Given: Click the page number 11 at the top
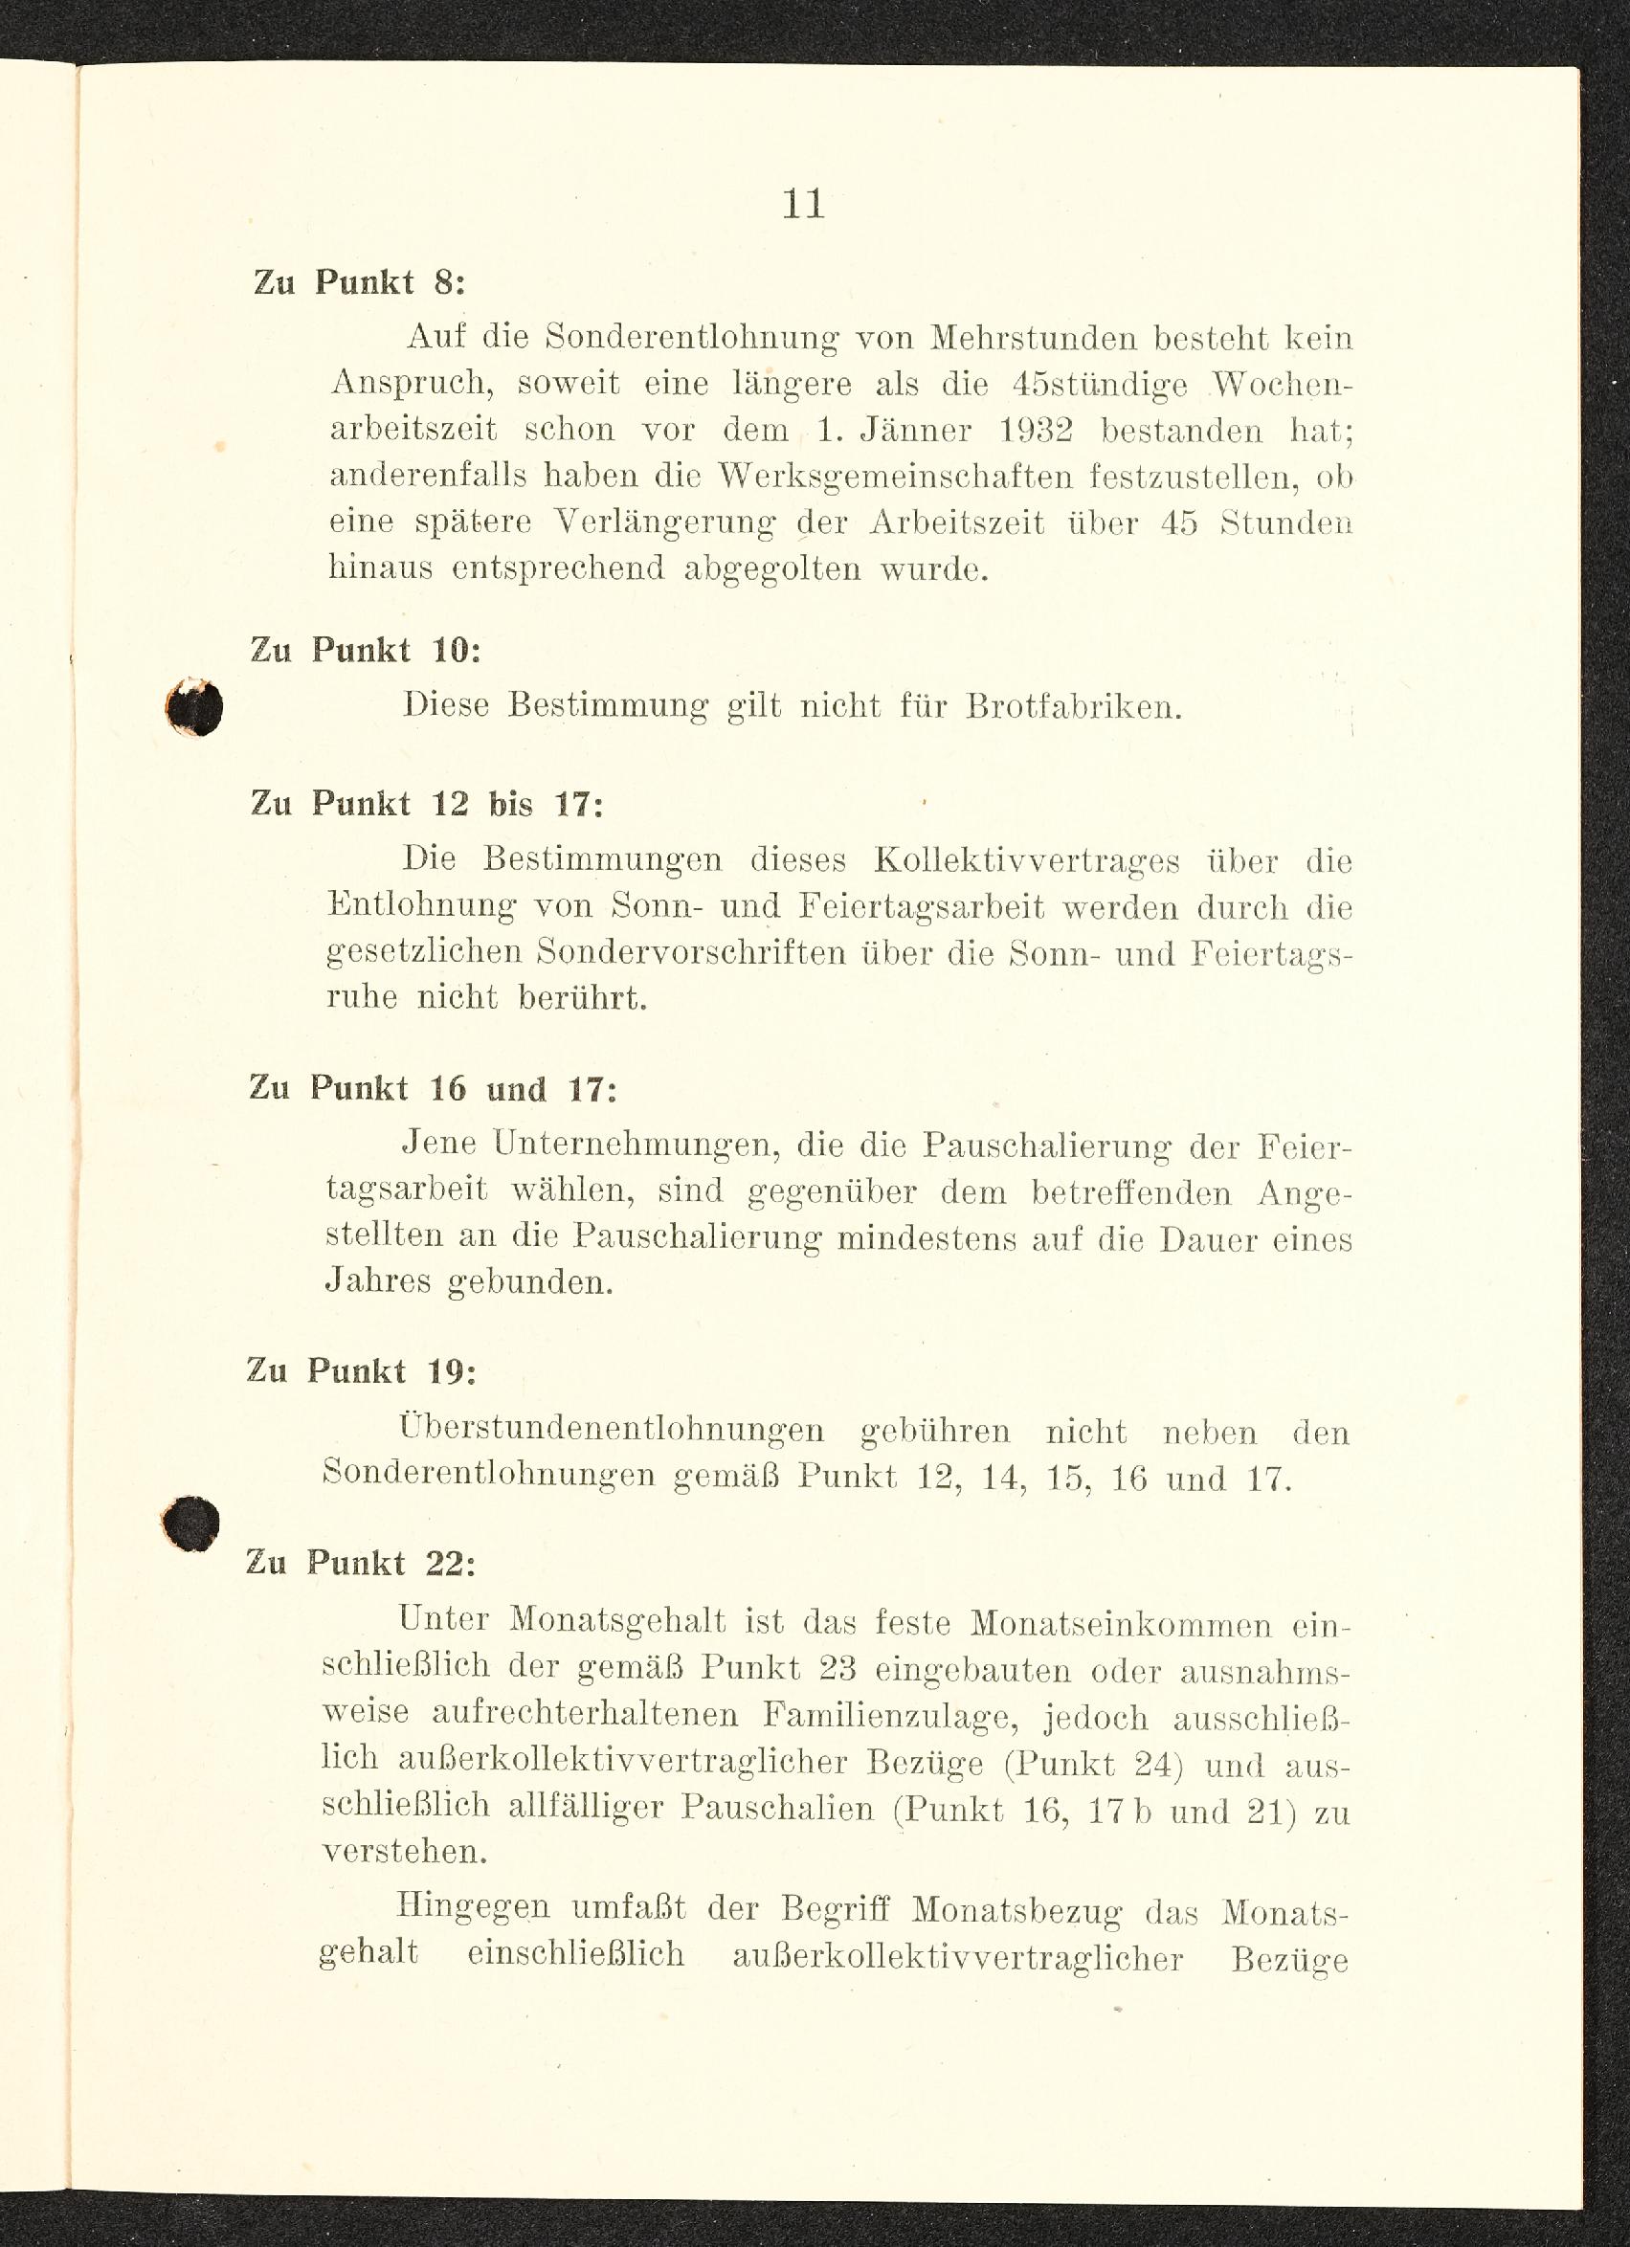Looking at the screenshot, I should point(803,204).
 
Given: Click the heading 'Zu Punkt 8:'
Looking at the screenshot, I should point(359,283).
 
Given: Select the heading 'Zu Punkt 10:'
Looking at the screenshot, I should point(365,651).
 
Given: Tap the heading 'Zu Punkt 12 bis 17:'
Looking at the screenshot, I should point(426,803).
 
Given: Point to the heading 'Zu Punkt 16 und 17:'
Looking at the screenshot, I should point(433,1088).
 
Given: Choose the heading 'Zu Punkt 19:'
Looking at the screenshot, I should point(361,1371).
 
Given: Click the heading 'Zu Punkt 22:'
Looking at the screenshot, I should point(361,1563).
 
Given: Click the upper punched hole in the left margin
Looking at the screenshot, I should point(195,707).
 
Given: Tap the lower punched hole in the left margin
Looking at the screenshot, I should point(190,1523).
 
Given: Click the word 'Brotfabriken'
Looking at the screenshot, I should point(1073,707).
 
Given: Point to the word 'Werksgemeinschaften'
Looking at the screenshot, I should point(895,478).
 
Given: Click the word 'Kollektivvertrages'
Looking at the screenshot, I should point(1027,861).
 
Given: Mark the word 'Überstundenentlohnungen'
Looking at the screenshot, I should point(612,1430).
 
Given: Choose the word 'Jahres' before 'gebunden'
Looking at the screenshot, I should point(375,1282).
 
